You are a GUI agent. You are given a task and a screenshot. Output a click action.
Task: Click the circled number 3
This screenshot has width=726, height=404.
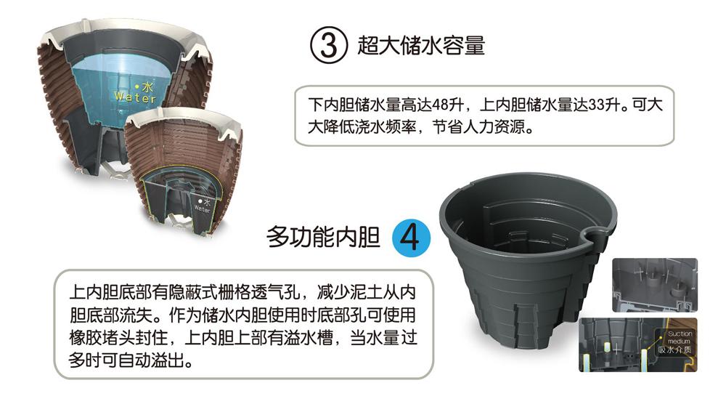pyautogui.click(x=328, y=45)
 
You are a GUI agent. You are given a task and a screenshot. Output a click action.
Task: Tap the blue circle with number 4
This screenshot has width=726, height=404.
pyautogui.click(x=411, y=238)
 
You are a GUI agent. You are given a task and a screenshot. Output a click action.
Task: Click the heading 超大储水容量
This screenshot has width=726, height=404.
pyautogui.click(x=421, y=45)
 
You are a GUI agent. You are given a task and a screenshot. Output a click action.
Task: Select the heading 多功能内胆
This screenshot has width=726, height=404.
pyautogui.click(x=323, y=237)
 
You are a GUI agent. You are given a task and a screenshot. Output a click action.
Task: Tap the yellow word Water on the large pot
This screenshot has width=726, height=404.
pyautogui.click(x=135, y=97)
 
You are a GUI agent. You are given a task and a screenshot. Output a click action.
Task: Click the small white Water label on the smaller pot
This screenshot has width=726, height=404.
pyautogui.click(x=202, y=209)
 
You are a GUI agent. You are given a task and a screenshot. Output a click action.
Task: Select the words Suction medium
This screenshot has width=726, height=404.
pyautogui.click(x=680, y=337)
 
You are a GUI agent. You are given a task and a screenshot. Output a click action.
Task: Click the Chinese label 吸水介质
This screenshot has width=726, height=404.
pyautogui.click(x=675, y=350)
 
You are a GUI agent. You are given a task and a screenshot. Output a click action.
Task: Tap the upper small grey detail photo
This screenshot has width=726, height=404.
pyautogui.click(x=655, y=285)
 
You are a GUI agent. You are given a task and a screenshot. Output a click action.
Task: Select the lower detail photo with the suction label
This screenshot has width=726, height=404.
pyautogui.click(x=638, y=344)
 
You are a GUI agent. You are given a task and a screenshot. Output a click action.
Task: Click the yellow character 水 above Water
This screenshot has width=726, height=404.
pyautogui.click(x=147, y=86)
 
